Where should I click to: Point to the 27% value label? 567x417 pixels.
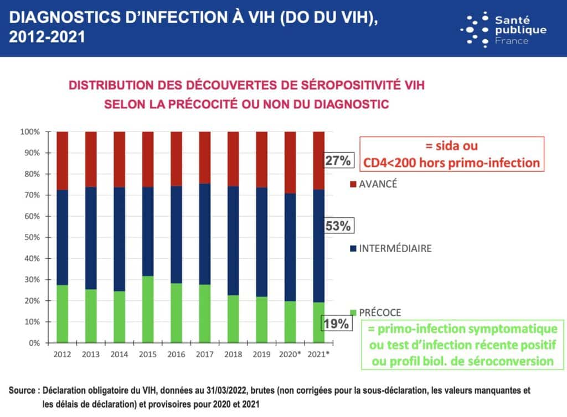click(337, 161)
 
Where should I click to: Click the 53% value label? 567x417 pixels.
click(337, 226)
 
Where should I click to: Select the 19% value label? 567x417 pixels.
click(337, 324)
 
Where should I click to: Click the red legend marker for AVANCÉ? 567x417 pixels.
click(353, 185)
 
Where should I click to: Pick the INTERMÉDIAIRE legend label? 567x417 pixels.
click(395, 248)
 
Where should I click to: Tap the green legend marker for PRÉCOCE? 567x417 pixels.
click(353, 312)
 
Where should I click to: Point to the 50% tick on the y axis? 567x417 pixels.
click(31, 237)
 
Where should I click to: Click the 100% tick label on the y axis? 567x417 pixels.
click(29, 132)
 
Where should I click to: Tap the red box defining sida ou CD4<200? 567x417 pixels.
click(452, 154)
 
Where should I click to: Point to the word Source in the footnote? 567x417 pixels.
click(23, 390)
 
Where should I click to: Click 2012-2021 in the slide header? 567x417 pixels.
click(47, 38)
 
